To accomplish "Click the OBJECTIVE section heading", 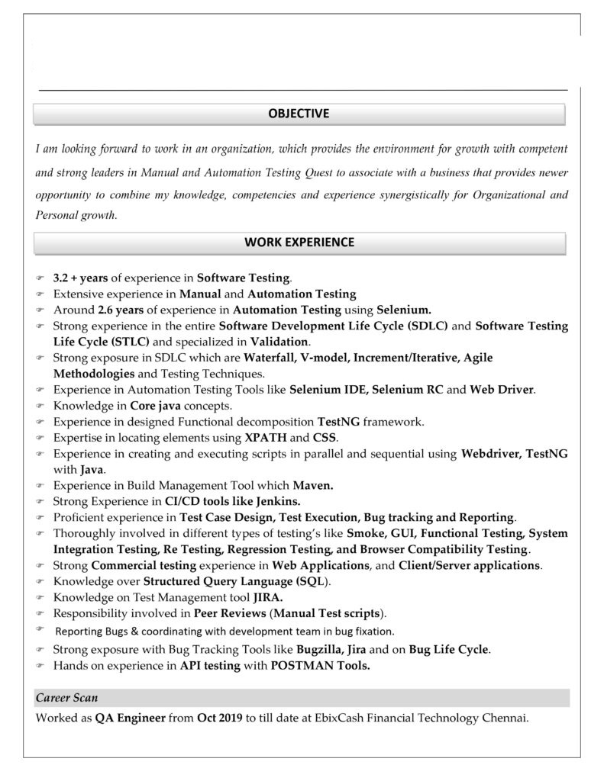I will click(299, 114).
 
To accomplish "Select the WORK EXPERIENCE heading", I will click(299, 243).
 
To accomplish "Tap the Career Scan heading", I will click(66, 697).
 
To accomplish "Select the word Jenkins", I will click(274, 501).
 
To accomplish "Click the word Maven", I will click(313, 484).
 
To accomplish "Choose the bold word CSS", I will click(325, 437).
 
